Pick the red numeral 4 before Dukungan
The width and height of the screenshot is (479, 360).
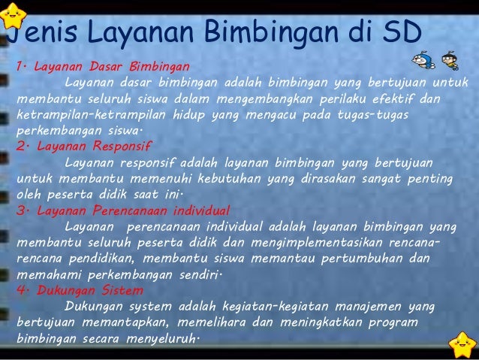click(x=19, y=290)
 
